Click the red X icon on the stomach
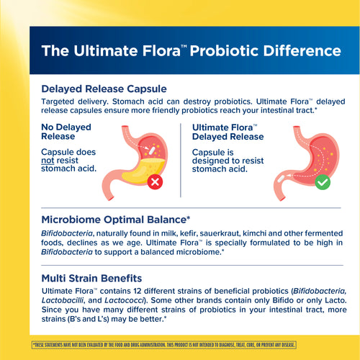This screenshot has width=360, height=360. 155,181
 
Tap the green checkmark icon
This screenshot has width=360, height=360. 323,181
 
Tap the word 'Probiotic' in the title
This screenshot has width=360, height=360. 230,51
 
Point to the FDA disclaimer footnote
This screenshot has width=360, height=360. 180,346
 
